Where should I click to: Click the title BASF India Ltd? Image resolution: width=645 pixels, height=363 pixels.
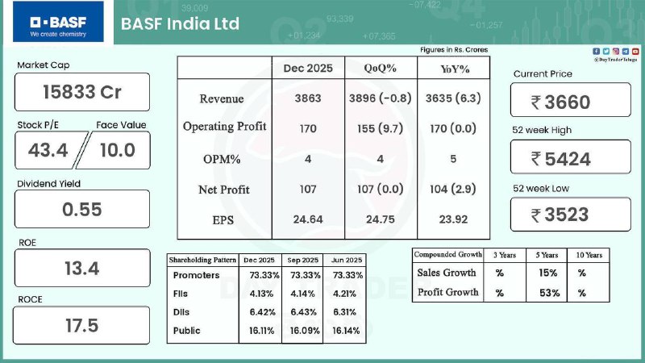point(180,23)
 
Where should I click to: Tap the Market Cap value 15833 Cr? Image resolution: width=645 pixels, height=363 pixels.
point(82,92)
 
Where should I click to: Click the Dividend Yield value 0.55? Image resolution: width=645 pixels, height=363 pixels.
point(82,209)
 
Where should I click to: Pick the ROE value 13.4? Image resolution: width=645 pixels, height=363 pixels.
point(82,268)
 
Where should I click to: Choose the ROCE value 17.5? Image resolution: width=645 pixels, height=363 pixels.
point(82,325)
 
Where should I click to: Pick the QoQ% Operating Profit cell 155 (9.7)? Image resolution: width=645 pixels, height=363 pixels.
point(381,127)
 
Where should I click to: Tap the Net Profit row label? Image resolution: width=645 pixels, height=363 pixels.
point(224,190)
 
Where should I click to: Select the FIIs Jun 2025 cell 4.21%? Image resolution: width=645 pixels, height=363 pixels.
point(343,294)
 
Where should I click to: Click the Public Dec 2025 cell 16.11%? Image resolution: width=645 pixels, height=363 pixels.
point(260,331)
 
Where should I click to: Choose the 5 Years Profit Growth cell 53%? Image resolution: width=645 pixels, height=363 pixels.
point(550,292)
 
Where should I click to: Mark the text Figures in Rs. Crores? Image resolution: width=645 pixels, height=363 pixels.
point(454,50)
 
